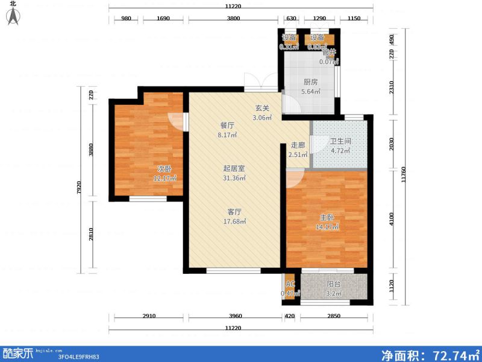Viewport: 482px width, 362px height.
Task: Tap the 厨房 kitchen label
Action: pos(310,83)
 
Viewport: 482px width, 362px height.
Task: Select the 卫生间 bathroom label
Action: pos(340,142)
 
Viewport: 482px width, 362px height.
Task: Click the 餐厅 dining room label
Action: pos(227,125)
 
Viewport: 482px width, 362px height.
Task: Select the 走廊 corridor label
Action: pos(298,145)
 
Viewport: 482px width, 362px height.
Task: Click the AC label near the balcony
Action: pos(290,284)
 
